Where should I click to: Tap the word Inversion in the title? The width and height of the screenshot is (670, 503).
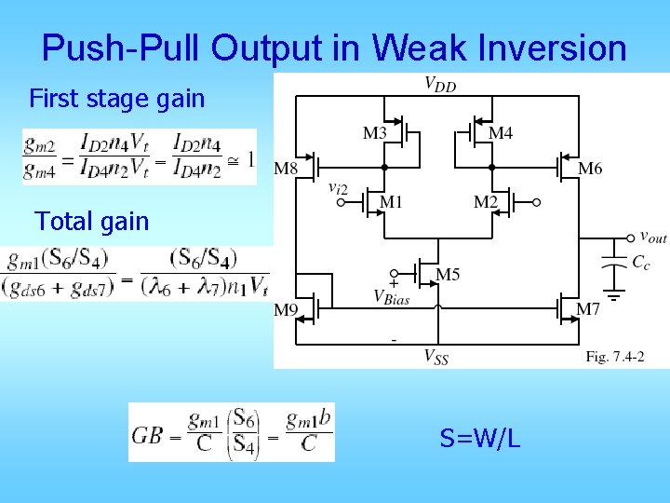coord(549,48)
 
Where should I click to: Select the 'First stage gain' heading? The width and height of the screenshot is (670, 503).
coord(117,98)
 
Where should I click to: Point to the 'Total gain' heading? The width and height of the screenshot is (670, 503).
coord(91,221)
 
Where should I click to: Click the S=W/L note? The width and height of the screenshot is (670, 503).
coord(479,437)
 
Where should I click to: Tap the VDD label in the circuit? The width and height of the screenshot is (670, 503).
coord(440,85)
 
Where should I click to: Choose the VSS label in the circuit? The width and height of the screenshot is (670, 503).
coord(435,356)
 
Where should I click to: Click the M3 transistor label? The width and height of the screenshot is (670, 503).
coord(375,133)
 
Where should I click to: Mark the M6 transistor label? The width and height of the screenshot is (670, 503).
coord(590,169)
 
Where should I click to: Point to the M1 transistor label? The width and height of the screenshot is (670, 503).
coord(391,202)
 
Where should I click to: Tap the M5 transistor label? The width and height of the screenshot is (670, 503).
coord(448,274)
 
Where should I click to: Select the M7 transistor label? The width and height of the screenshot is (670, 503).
coord(588,309)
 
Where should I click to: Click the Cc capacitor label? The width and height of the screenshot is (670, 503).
coord(641,264)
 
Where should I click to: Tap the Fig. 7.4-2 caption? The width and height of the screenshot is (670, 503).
coord(615,357)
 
